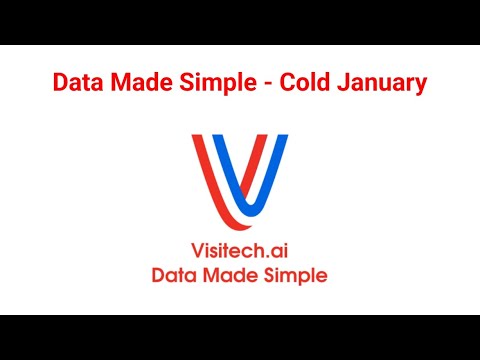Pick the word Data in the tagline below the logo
pos(173,275)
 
